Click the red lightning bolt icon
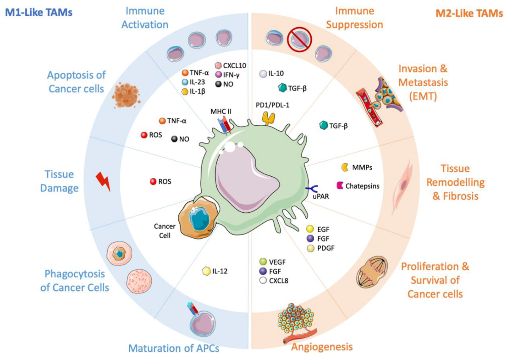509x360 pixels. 104,181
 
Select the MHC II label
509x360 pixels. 221,111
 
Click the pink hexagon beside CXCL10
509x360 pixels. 218,66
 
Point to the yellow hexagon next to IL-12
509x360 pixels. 207,271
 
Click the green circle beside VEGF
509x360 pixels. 263,262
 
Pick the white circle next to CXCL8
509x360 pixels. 263,281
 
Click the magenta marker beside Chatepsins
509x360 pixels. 340,185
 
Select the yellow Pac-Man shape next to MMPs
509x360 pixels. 345,168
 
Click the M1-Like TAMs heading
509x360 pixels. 39,13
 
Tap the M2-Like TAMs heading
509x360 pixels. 469,13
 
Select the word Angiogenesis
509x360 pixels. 322,347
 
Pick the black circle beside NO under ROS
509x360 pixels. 174,139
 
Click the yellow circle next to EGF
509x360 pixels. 310,229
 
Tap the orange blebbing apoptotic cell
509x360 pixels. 126,96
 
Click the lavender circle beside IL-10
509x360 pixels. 263,74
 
